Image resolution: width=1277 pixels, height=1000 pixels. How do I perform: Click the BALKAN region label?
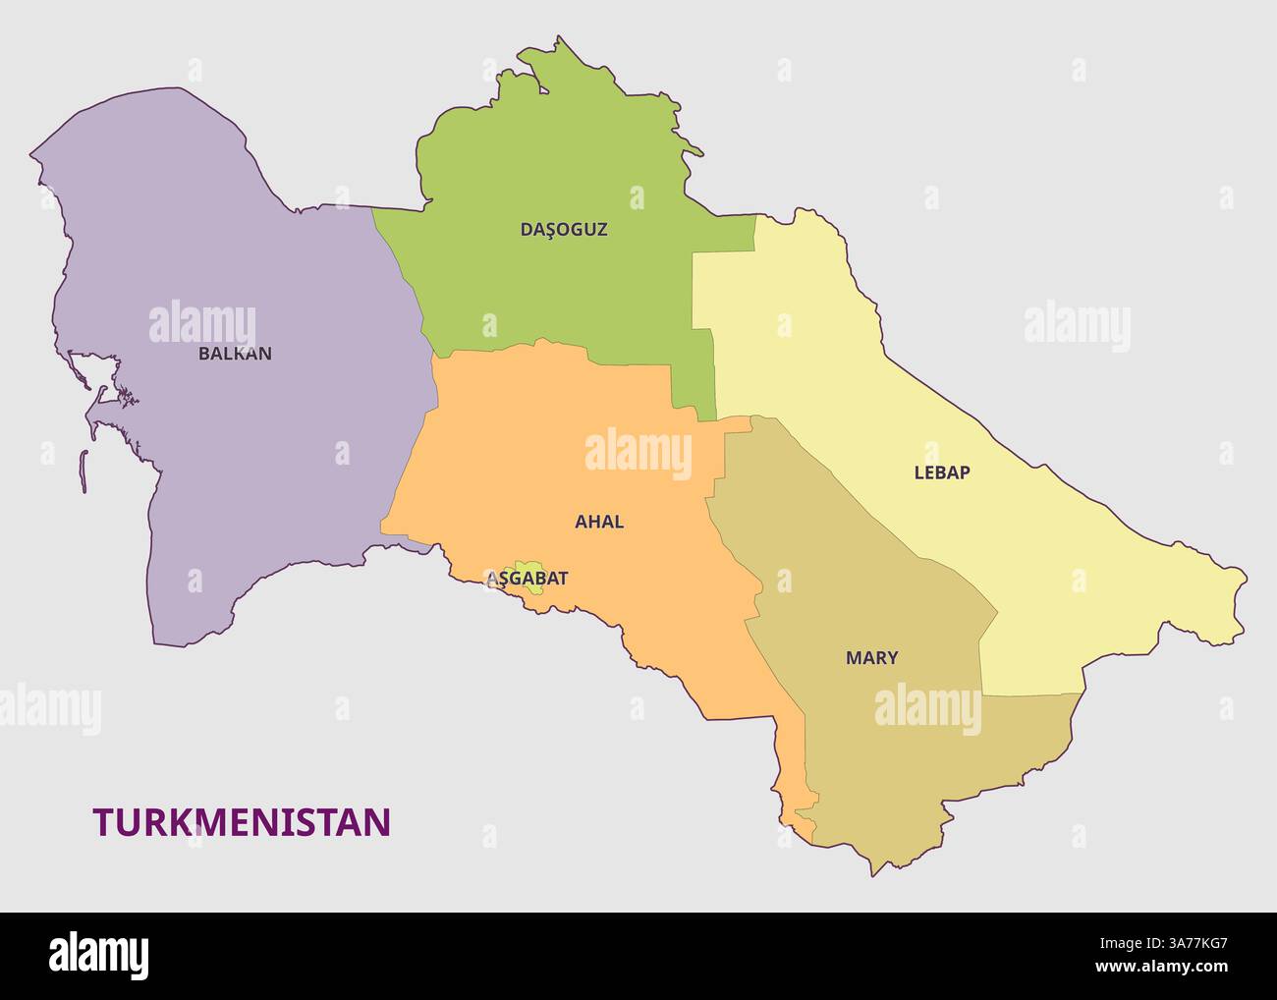pyautogui.click(x=235, y=354)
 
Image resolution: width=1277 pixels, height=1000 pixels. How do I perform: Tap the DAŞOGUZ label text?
pyautogui.click(x=564, y=230)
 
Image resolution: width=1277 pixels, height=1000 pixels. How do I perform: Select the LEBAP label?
pyautogui.click(x=942, y=472)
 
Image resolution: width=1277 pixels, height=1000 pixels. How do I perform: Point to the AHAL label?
pyautogui.click(x=599, y=523)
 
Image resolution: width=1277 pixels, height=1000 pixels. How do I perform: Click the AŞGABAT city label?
pyautogui.click(x=527, y=580)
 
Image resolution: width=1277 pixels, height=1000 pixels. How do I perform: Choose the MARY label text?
pyautogui.click(x=871, y=658)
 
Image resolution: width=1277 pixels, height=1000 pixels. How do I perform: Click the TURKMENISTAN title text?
pyautogui.click(x=242, y=822)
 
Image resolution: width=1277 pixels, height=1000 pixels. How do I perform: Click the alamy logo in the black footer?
pyautogui.click(x=99, y=954)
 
